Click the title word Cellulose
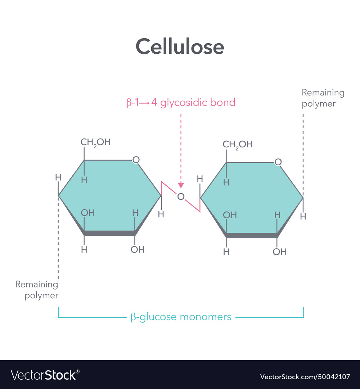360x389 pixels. click(x=180, y=47)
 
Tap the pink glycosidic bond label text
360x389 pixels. click(x=181, y=103)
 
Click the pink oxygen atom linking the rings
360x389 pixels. click(x=181, y=196)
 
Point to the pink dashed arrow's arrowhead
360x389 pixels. click(x=181, y=185)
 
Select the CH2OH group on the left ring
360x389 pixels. click(x=95, y=142)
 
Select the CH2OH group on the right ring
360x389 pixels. click(x=238, y=145)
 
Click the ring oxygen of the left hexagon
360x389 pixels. click(x=136, y=160)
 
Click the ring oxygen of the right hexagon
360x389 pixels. click(x=278, y=162)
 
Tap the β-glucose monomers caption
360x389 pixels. click(x=181, y=317)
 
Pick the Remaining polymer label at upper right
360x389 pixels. click(x=323, y=98)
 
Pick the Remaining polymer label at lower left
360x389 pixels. click(x=37, y=290)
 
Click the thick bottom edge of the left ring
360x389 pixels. click(x=109, y=233)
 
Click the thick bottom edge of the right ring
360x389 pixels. click(x=252, y=236)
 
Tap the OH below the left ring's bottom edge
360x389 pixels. click(x=137, y=249)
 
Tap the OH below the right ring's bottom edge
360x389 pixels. click(x=279, y=252)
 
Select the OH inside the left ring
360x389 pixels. click(x=87, y=213)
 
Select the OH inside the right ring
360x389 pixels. click(x=230, y=215)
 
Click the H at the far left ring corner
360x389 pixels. click(x=58, y=177)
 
